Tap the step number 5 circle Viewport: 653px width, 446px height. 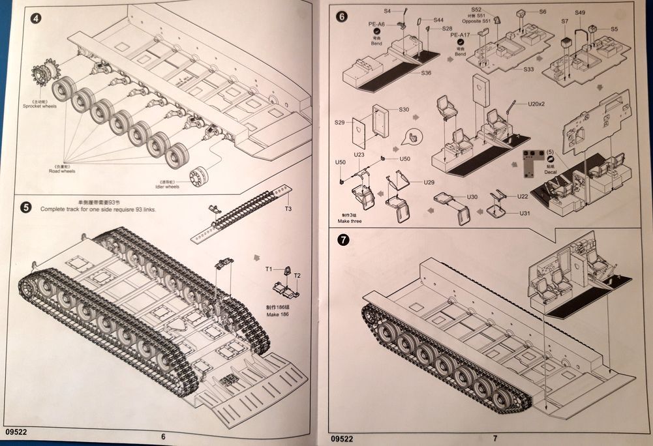25,207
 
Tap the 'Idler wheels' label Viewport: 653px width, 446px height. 163,186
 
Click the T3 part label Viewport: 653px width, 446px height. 288,209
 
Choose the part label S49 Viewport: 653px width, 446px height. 581,12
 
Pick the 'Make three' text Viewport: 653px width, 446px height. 350,222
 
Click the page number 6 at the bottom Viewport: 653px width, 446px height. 163,437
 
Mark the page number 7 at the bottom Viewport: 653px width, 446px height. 495,438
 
